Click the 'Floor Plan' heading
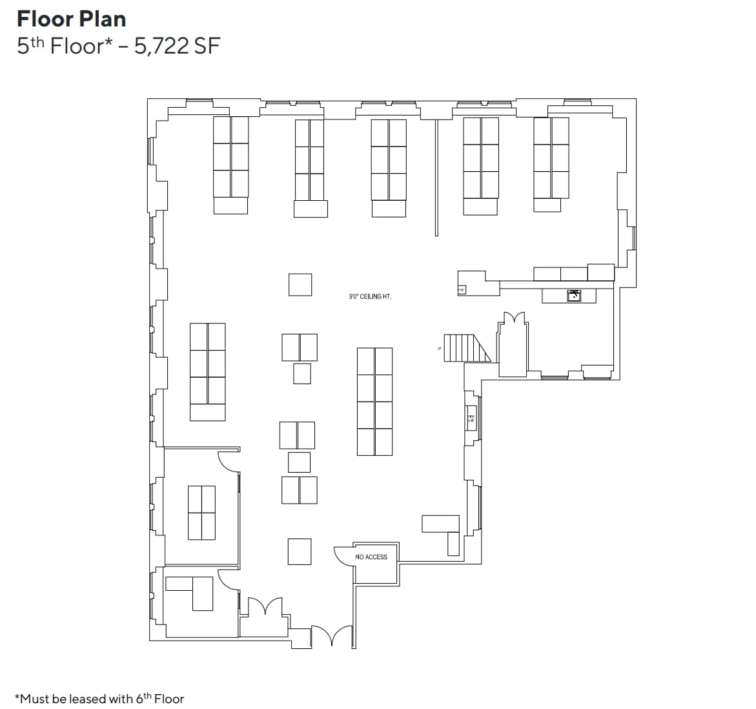(71, 19)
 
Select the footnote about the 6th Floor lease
(99, 699)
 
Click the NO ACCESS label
(371, 557)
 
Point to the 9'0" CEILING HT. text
(370, 297)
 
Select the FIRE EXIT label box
(471, 418)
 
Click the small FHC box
(461, 291)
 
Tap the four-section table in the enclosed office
(201, 513)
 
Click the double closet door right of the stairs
(513, 319)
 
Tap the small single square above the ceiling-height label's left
(300, 285)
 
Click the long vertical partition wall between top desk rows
(436, 178)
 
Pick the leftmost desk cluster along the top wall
(230, 165)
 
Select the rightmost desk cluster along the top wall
(551, 165)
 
